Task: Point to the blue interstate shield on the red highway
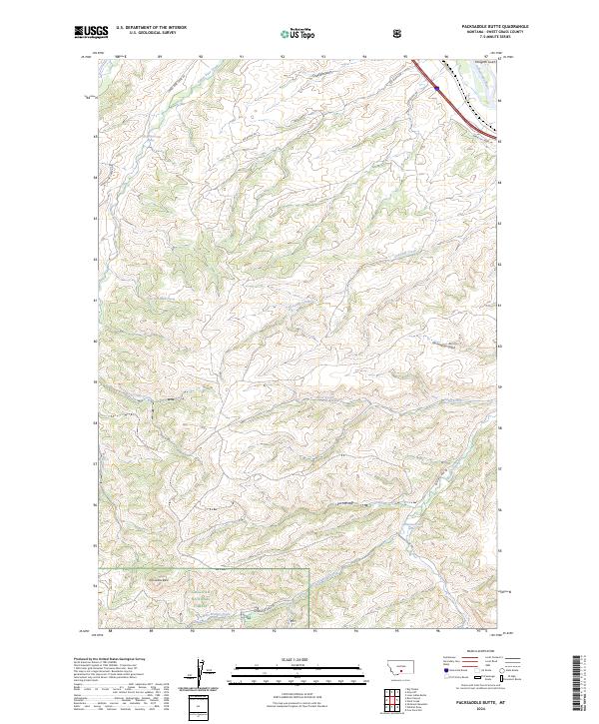[x=437, y=88]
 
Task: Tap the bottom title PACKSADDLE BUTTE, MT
[x=484, y=703]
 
